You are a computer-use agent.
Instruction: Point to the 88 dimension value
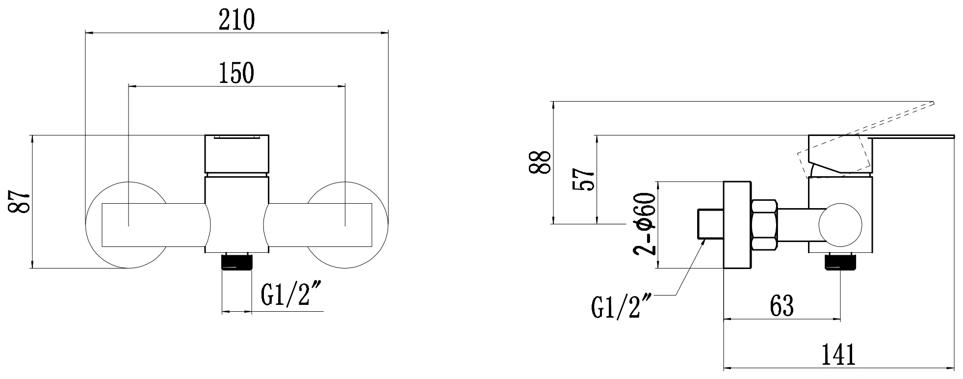(x=540, y=162)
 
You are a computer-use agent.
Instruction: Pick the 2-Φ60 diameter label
(x=644, y=224)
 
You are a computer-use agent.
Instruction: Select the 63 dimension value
(x=782, y=305)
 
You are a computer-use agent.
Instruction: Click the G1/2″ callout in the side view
(x=622, y=306)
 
